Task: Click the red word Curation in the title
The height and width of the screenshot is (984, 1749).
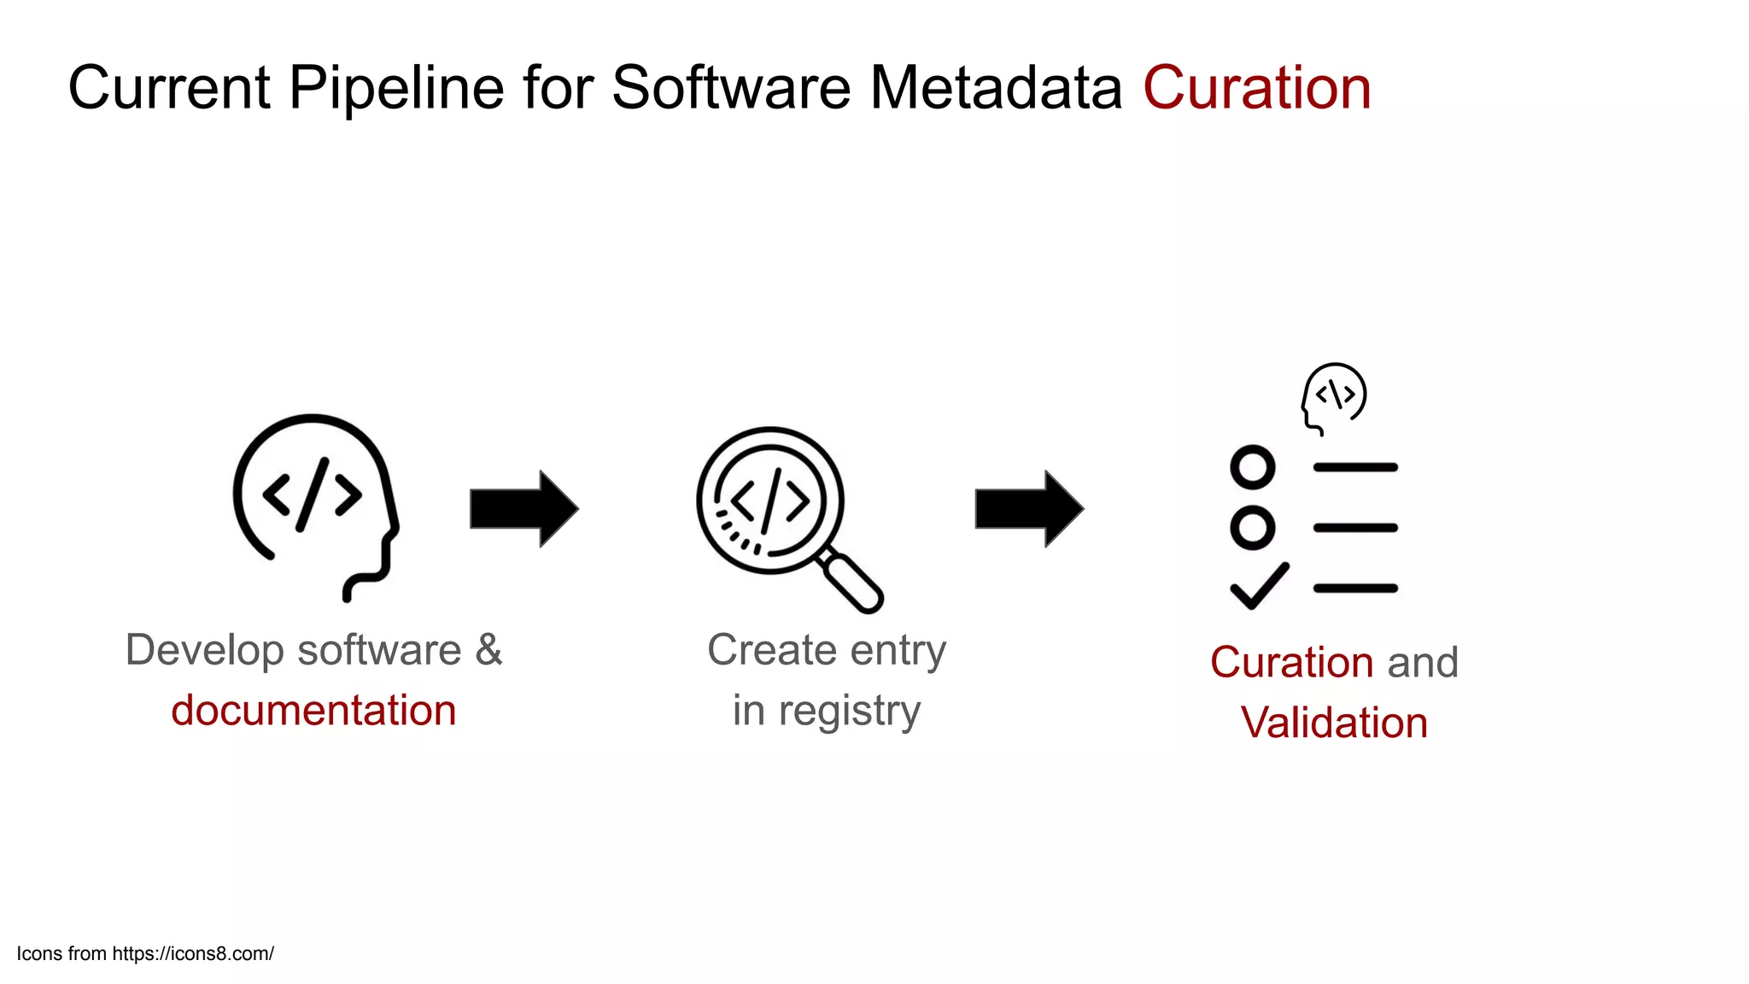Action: pyautogui.click(x=1257, y=88)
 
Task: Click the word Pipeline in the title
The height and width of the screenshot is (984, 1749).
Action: pyautogui.click(x=396, y=88)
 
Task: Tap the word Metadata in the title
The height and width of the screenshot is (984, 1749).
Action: pyautogui.click(x=996, y=88)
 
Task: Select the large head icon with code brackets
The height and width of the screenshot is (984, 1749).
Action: pyautogui.click(x=314, y=504)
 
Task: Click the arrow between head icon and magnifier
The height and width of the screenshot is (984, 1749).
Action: pyautogui.click(x=524, y=508)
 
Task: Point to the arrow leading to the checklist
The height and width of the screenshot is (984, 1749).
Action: pyautogui.click(x=1029, y=508)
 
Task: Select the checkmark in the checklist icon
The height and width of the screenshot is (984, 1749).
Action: pyautogui.click(x=1259, y=586)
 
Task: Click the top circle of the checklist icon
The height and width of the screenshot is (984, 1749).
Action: pyautogui.click(x=1253, y=467)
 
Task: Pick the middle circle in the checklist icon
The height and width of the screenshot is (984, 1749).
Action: pyautogui.click(x=1253, y=527)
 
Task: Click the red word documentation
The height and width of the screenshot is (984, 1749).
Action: pyautogui.click(x=313, y=711)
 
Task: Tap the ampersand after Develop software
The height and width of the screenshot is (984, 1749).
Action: pyautogui.click(x=488, y=650)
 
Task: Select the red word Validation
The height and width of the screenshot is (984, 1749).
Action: pyautogui.click(x=1334, y=723)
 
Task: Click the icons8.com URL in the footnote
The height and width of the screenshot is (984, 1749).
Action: pyautogui.click(x=193, y=954)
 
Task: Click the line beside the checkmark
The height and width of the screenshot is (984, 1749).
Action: pyautogui.click(x=1355, y=589)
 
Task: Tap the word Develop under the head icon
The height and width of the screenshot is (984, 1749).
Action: pyautogui.click(x=204, y=650)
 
